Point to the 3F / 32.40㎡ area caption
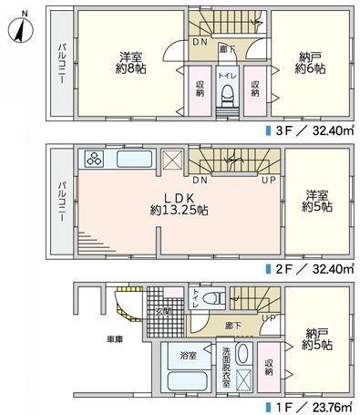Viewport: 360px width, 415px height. pos(311,130)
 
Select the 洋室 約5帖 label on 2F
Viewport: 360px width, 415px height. pos(318,201)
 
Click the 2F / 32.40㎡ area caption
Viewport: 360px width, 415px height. pos(311,269)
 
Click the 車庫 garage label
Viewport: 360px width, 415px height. pos(116,338)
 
